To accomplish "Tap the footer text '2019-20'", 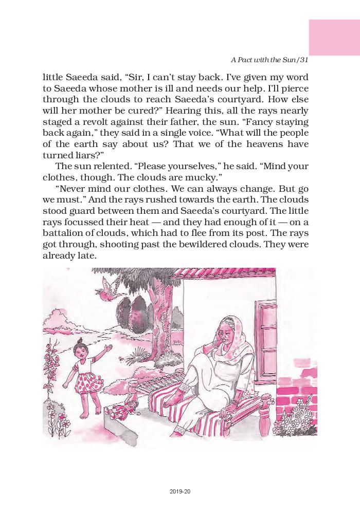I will pos(179,491).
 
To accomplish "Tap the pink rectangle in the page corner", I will pos(334,36).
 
